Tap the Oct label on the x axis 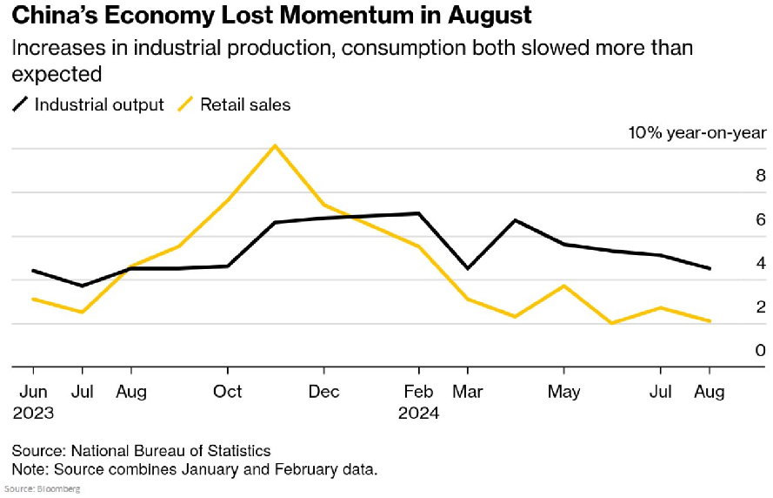pos(228,392)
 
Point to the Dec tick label pos(323,392)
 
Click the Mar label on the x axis pos(469,392)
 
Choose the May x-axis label pos(563,392)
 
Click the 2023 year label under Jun pos(33,413)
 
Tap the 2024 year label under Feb pos(418,413)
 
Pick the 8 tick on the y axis pos(760,176)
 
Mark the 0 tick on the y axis pos(760,351)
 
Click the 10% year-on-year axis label pos(697,132)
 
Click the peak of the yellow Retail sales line pos(275,145)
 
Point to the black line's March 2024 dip pos(468,268)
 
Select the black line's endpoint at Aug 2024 pos(710,268)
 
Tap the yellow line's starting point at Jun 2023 pos(33,299)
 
